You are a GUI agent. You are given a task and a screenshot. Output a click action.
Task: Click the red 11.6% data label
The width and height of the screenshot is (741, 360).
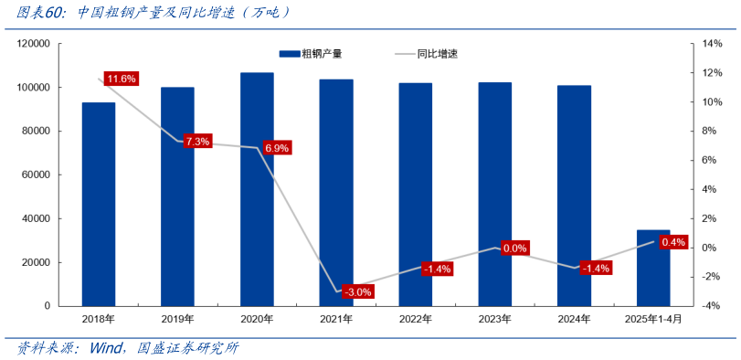[121, 79]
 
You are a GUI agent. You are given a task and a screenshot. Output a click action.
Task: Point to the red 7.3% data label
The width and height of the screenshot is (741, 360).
[197, 142]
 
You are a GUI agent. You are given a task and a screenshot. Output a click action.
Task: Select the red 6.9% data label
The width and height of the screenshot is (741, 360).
[276, 148]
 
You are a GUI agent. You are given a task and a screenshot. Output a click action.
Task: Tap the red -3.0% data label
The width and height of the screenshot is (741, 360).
[357, 292]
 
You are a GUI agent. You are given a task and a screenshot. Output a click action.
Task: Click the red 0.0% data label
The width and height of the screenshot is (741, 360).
[515, 249]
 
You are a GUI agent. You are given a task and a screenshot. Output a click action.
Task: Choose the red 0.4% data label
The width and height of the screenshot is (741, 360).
[672, 242]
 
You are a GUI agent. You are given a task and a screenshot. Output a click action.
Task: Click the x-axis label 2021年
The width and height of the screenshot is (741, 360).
[336, 319]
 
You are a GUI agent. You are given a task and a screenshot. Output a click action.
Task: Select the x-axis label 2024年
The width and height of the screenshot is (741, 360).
[574, 319]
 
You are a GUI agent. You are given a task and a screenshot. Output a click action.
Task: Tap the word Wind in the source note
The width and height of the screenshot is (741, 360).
[109, 348]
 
